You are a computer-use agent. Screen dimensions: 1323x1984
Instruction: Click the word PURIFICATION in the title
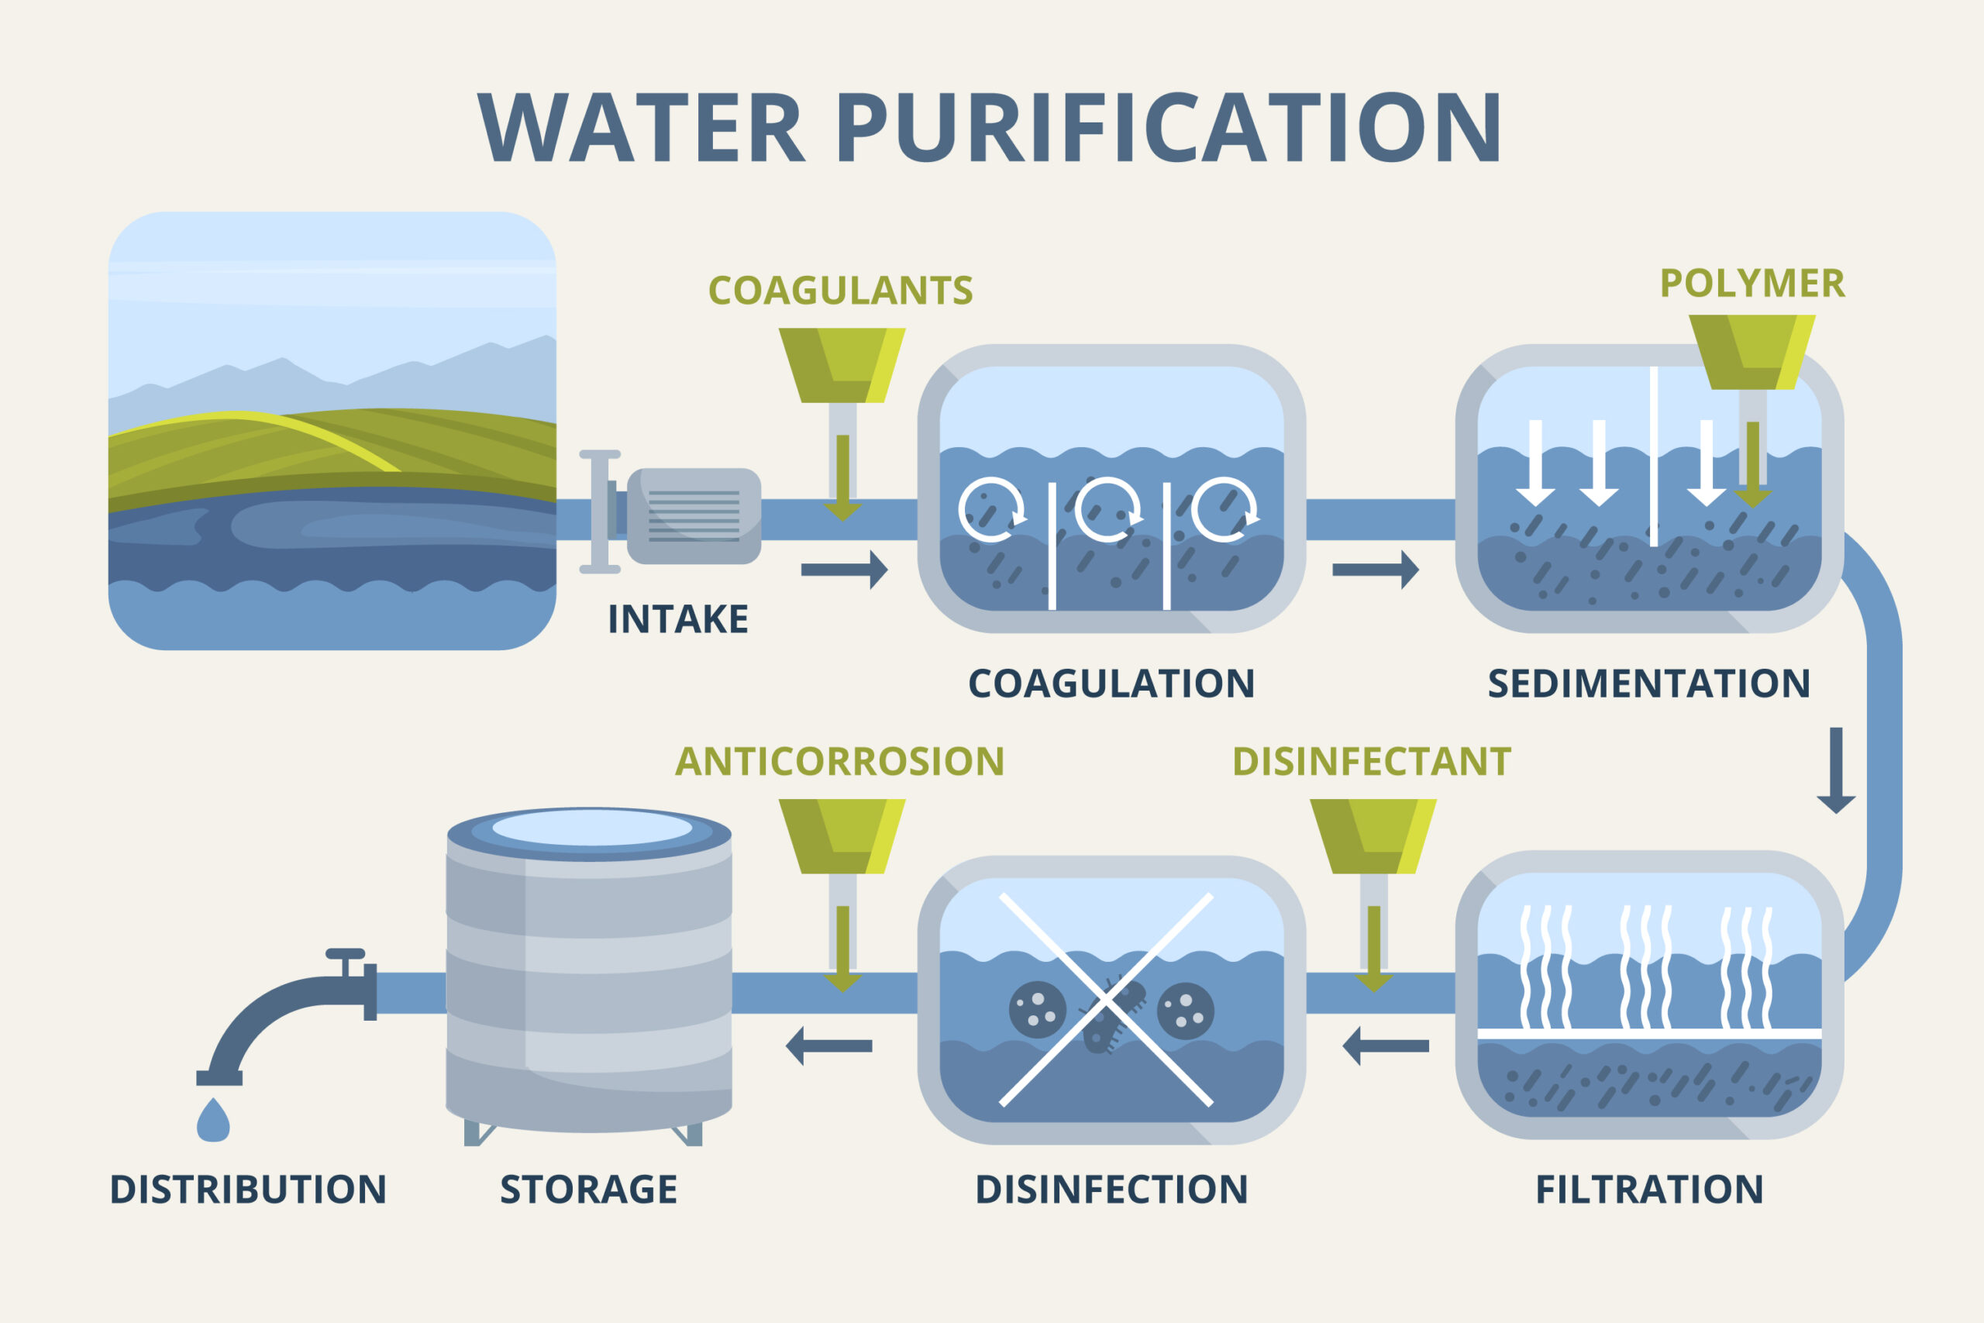click(x=1168, y=127)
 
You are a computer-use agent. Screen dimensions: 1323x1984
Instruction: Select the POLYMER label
click(x=1752, y=284)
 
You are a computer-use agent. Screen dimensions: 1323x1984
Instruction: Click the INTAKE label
click(x=677, y=619)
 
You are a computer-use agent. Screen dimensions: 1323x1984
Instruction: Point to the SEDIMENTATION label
click(x=1648, y=684)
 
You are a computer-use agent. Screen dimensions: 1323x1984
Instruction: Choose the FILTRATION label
click(x=1649, y=1190)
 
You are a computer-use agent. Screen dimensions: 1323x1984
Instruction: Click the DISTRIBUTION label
click(x=248, y=1190)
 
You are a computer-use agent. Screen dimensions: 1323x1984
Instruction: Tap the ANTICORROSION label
click(x=839, y=761)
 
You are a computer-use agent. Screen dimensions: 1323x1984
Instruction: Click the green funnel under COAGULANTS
click(x=841, y=364)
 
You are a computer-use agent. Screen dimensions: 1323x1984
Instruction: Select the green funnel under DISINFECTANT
click(x=1373, y=836)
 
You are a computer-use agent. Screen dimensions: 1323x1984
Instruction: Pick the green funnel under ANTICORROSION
click(x=841, y=836)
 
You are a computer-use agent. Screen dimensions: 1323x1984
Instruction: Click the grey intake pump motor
click(x=694, y=515)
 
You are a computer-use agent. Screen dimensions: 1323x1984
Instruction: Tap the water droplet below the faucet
click(x=212, y=1121)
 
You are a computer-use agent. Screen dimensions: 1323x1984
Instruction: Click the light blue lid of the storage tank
click(x=591, y=828)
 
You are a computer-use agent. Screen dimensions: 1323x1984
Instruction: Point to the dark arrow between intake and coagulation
click(x=843, y=570)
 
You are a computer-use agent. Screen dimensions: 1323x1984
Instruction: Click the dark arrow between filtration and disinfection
click(x=1385, y=1046)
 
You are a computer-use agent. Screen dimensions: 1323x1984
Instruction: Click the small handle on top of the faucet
click(x=345, y=954)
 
